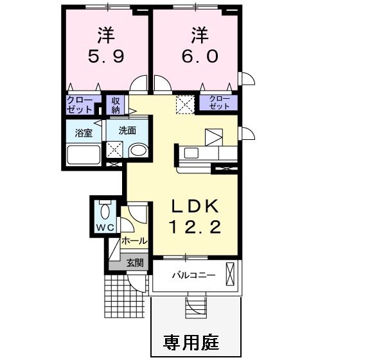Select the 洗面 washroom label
click(127, 130)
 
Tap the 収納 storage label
click(116, 105)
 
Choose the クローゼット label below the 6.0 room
click(218, 102)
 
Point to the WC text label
click(105, 228)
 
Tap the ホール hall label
click(134, 242)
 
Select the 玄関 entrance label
click(134, 262)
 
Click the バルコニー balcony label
click(193, 275)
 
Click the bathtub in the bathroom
click(84, 156)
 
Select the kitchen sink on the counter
click(191, 153)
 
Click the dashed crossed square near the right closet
click(185, 104)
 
